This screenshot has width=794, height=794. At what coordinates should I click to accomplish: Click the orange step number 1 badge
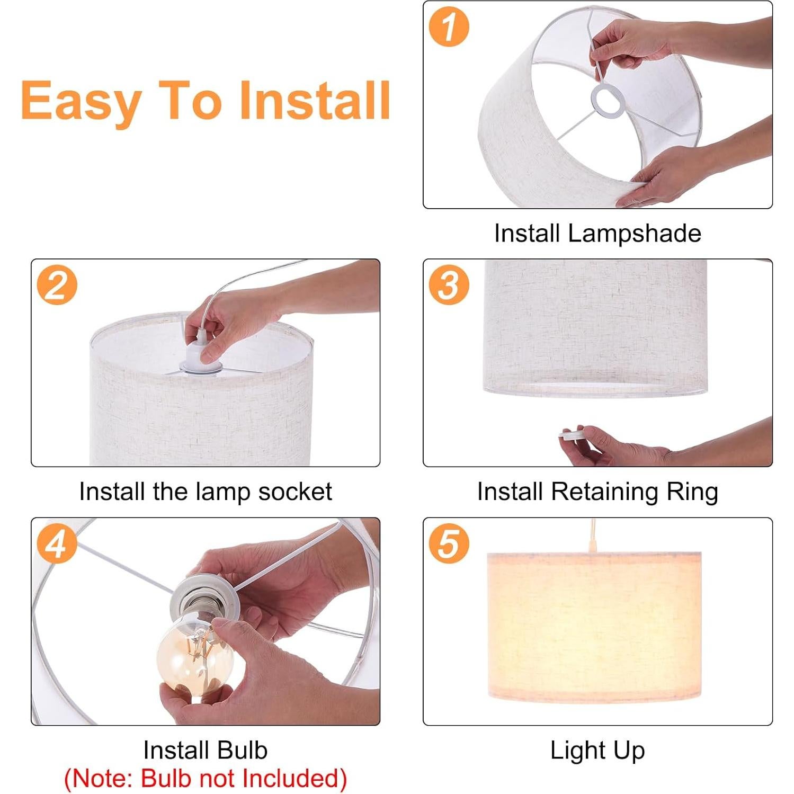coord(449,26)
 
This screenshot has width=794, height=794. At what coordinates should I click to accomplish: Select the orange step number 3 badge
coord(449,285)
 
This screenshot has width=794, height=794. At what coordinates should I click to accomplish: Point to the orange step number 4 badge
coord(57,543)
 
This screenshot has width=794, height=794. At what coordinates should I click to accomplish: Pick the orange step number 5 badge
coord(449,543)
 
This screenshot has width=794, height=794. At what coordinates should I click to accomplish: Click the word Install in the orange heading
coord(315,100)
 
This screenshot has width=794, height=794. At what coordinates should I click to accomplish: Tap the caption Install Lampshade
coord(597,233)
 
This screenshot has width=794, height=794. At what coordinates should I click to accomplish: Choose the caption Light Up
coord(597,750)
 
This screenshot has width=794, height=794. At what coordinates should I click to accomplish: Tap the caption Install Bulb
coord(206,750)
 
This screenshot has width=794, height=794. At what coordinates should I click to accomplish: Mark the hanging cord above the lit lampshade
coord(592,536)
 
